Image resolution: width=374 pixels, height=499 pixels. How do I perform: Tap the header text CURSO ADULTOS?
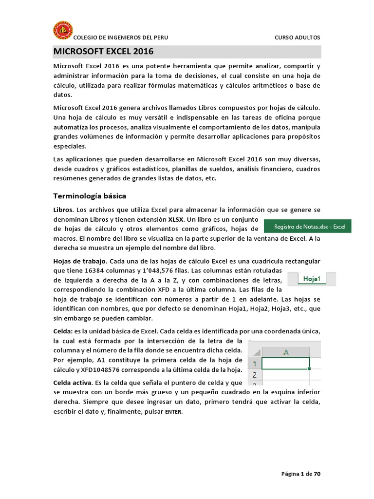[298, 38]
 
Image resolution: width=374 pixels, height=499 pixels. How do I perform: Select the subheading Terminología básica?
[89, 196]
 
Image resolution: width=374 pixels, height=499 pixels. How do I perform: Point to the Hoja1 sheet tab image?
[312, 279]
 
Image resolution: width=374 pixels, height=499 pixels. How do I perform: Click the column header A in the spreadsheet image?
[286, 352]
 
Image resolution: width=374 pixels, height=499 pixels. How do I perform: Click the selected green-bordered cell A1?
[285, 364]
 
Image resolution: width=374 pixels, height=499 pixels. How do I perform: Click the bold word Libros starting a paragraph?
[63, 210]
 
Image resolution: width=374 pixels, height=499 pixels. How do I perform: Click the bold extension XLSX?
[176, 219]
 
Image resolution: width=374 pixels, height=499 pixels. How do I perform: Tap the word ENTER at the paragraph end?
[173, 412]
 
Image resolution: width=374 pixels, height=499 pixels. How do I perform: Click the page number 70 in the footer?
[317, 473]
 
